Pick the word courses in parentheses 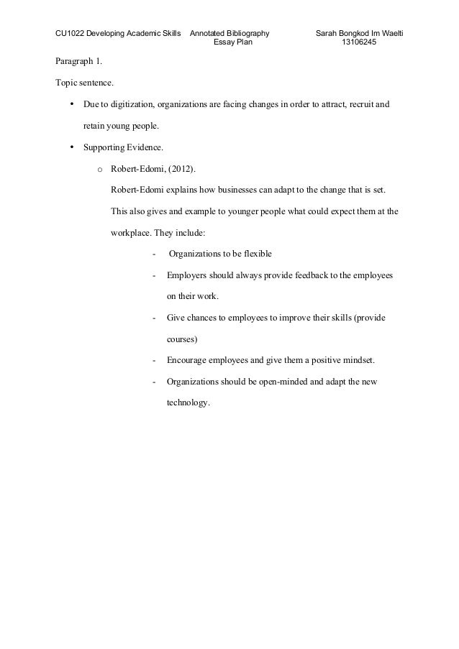(x=182, y=338)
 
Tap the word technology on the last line (x=188, y=402)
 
